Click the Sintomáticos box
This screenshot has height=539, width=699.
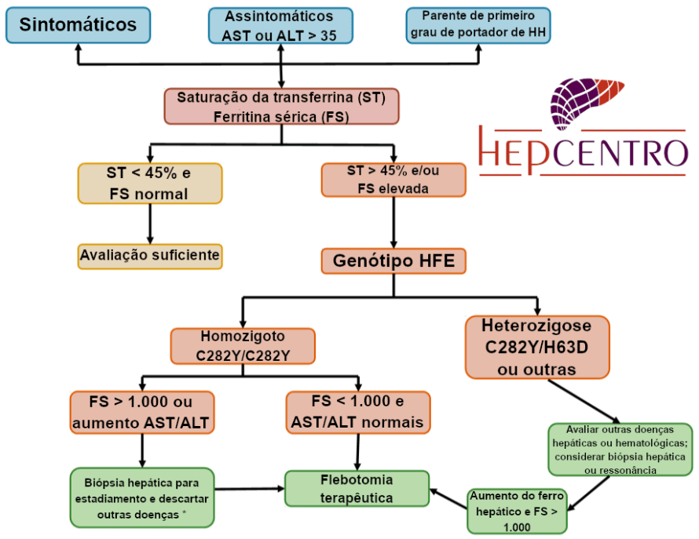(x=78, y=24)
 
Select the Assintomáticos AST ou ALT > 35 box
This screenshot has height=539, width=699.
(x=279, y=25)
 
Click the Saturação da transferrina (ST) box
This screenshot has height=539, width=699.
(x=282, y=107)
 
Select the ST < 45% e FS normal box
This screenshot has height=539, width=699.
(x=149, y=183)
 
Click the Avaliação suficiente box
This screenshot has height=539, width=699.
(x=149, y=256)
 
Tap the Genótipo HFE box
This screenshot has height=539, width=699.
(x=393, y=260)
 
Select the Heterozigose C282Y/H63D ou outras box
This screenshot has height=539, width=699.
(x=536, y=347)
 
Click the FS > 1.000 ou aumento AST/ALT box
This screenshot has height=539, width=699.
(x=142, y=412)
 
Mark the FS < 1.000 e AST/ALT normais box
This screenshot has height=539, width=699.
(x=358, y=412)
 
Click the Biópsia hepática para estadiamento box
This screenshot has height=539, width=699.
(x=142, y=498)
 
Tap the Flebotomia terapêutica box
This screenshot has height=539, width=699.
(x=357, y=488)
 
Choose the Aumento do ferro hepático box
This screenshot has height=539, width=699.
(x=516, y=511)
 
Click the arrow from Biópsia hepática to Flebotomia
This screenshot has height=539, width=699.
(x=248, y=488)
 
